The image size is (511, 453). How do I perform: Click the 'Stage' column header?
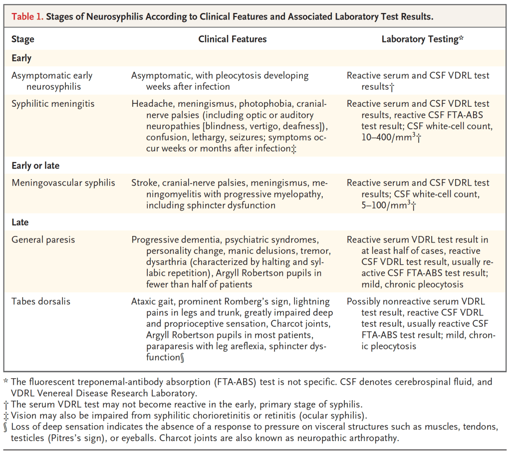[23, 39]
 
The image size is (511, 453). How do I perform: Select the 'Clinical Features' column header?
[232, 39]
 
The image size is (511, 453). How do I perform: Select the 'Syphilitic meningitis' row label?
[53, 104]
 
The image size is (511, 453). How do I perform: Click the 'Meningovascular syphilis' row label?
[63, 183]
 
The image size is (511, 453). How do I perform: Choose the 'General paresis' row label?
[43, 240]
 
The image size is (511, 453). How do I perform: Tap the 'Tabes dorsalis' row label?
[41, 302]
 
